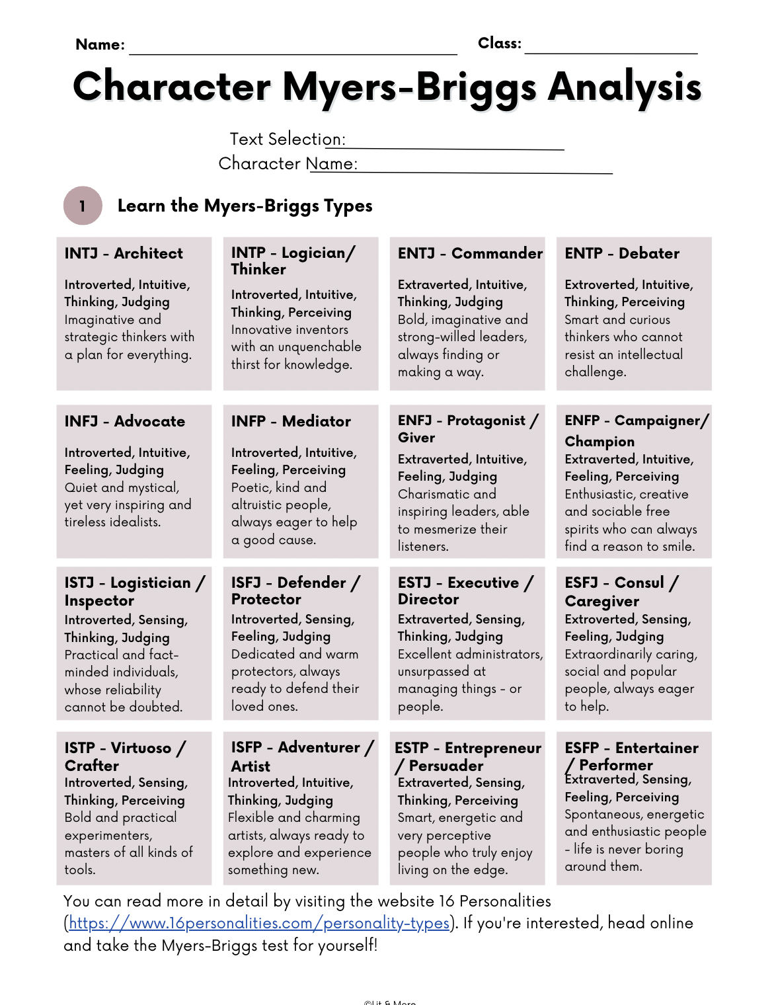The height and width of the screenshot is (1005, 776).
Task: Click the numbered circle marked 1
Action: [x=83, y=206]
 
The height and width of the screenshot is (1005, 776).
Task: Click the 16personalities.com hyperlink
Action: [x=259, y=923]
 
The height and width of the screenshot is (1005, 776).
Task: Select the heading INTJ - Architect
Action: [x=124, y=253]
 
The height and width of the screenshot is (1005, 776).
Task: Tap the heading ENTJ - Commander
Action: [x=470, y=253]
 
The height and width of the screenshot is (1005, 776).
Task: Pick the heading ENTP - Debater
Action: [x=621, y=253]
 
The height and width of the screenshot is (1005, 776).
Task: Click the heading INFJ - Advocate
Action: [x=124, y=421]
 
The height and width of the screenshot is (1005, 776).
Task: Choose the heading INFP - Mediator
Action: [x=291, y=421]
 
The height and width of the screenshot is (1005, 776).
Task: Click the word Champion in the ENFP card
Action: [x=600, y=442]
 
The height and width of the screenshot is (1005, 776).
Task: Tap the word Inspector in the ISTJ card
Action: [x=99, y=601]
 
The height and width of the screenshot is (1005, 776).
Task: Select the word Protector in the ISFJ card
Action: [x=266, y=600]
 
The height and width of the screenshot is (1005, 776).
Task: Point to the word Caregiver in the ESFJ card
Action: [x=601, y=602]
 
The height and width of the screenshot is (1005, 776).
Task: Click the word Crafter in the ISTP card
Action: [x=92, y=766]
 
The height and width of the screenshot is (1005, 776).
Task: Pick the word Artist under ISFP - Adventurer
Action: [x=251, y=766]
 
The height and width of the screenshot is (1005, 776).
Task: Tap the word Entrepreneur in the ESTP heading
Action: [x=492, y=748]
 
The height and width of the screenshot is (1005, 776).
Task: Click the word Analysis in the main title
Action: [x=625, y=87]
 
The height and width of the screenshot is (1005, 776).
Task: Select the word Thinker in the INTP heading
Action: [x=258, y=269]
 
